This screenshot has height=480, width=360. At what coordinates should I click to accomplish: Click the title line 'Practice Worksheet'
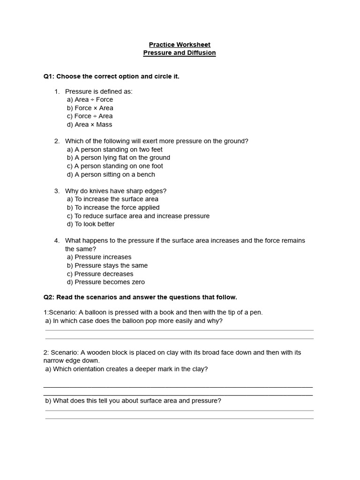(x=180, y=45)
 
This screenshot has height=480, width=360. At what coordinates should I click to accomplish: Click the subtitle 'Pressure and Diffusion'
(x=180, y=53)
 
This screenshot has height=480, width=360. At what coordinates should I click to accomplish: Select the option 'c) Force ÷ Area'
(x=90, y=116)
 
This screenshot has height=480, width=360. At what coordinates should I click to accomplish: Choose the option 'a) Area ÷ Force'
(x=90, y=99)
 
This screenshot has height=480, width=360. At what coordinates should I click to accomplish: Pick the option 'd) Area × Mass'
(x=90, y=125)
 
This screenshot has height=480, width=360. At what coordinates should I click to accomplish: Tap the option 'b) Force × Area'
(x=90, y=108)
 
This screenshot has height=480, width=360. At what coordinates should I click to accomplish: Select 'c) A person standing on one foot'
(x=115, y=166)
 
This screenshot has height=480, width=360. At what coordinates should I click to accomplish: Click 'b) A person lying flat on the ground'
(x=118, y=157)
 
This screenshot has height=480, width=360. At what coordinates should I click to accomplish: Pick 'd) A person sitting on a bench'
(x=111, y=174)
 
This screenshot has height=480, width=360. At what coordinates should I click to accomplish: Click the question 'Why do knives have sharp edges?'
(x=116, y=191)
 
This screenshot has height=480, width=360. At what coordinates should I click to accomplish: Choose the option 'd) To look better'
(x=90, y=224)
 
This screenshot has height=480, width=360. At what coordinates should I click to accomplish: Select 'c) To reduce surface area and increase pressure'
(x=138, y=216)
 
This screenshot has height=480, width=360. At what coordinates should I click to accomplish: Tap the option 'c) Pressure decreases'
(x=100, y=274)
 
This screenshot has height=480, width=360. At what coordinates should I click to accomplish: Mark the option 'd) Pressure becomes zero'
(x=105, y=282)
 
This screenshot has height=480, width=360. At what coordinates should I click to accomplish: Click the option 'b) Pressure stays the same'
(x=107, y=265)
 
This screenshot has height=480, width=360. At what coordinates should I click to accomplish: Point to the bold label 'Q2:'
(x=49, y=297)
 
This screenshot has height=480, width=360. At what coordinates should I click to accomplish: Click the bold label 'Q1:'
(x=49, y=76)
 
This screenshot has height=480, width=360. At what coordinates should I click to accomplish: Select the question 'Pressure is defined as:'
(x=99, y=91)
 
